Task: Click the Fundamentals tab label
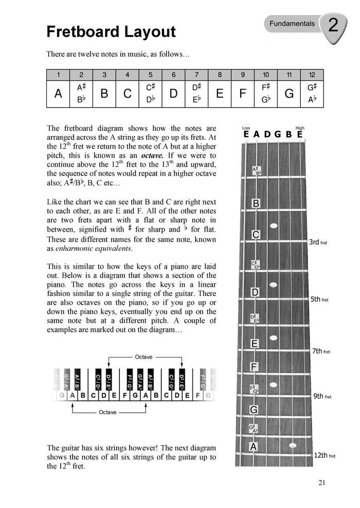pyautogui.click(x=290, y=24)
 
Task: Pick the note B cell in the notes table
pyautogui.click(x=104, y=94)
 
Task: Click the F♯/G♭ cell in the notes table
pyautogui.click(x=266, y=94)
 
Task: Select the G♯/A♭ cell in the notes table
pyautogui.click(x=312, y=94)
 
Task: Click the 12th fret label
pyautogui.click(x=324, y=456)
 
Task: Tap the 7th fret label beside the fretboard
pyautogui.click(x=321, y=351)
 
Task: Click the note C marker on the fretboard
pyautogui.click(x=256, y=235)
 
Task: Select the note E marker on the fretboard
pyautogui.click(x=255, y=343)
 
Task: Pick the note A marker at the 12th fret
pyautogui.click(x=253, y=447)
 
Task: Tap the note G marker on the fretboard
pyautogui.click(x=254, y=410)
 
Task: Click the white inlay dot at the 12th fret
pyautogui.click(x=293, y=445)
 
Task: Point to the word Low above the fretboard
pyautogui.click(x=246, y=128)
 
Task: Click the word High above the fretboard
pyautogui.click(x=300, y=128)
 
